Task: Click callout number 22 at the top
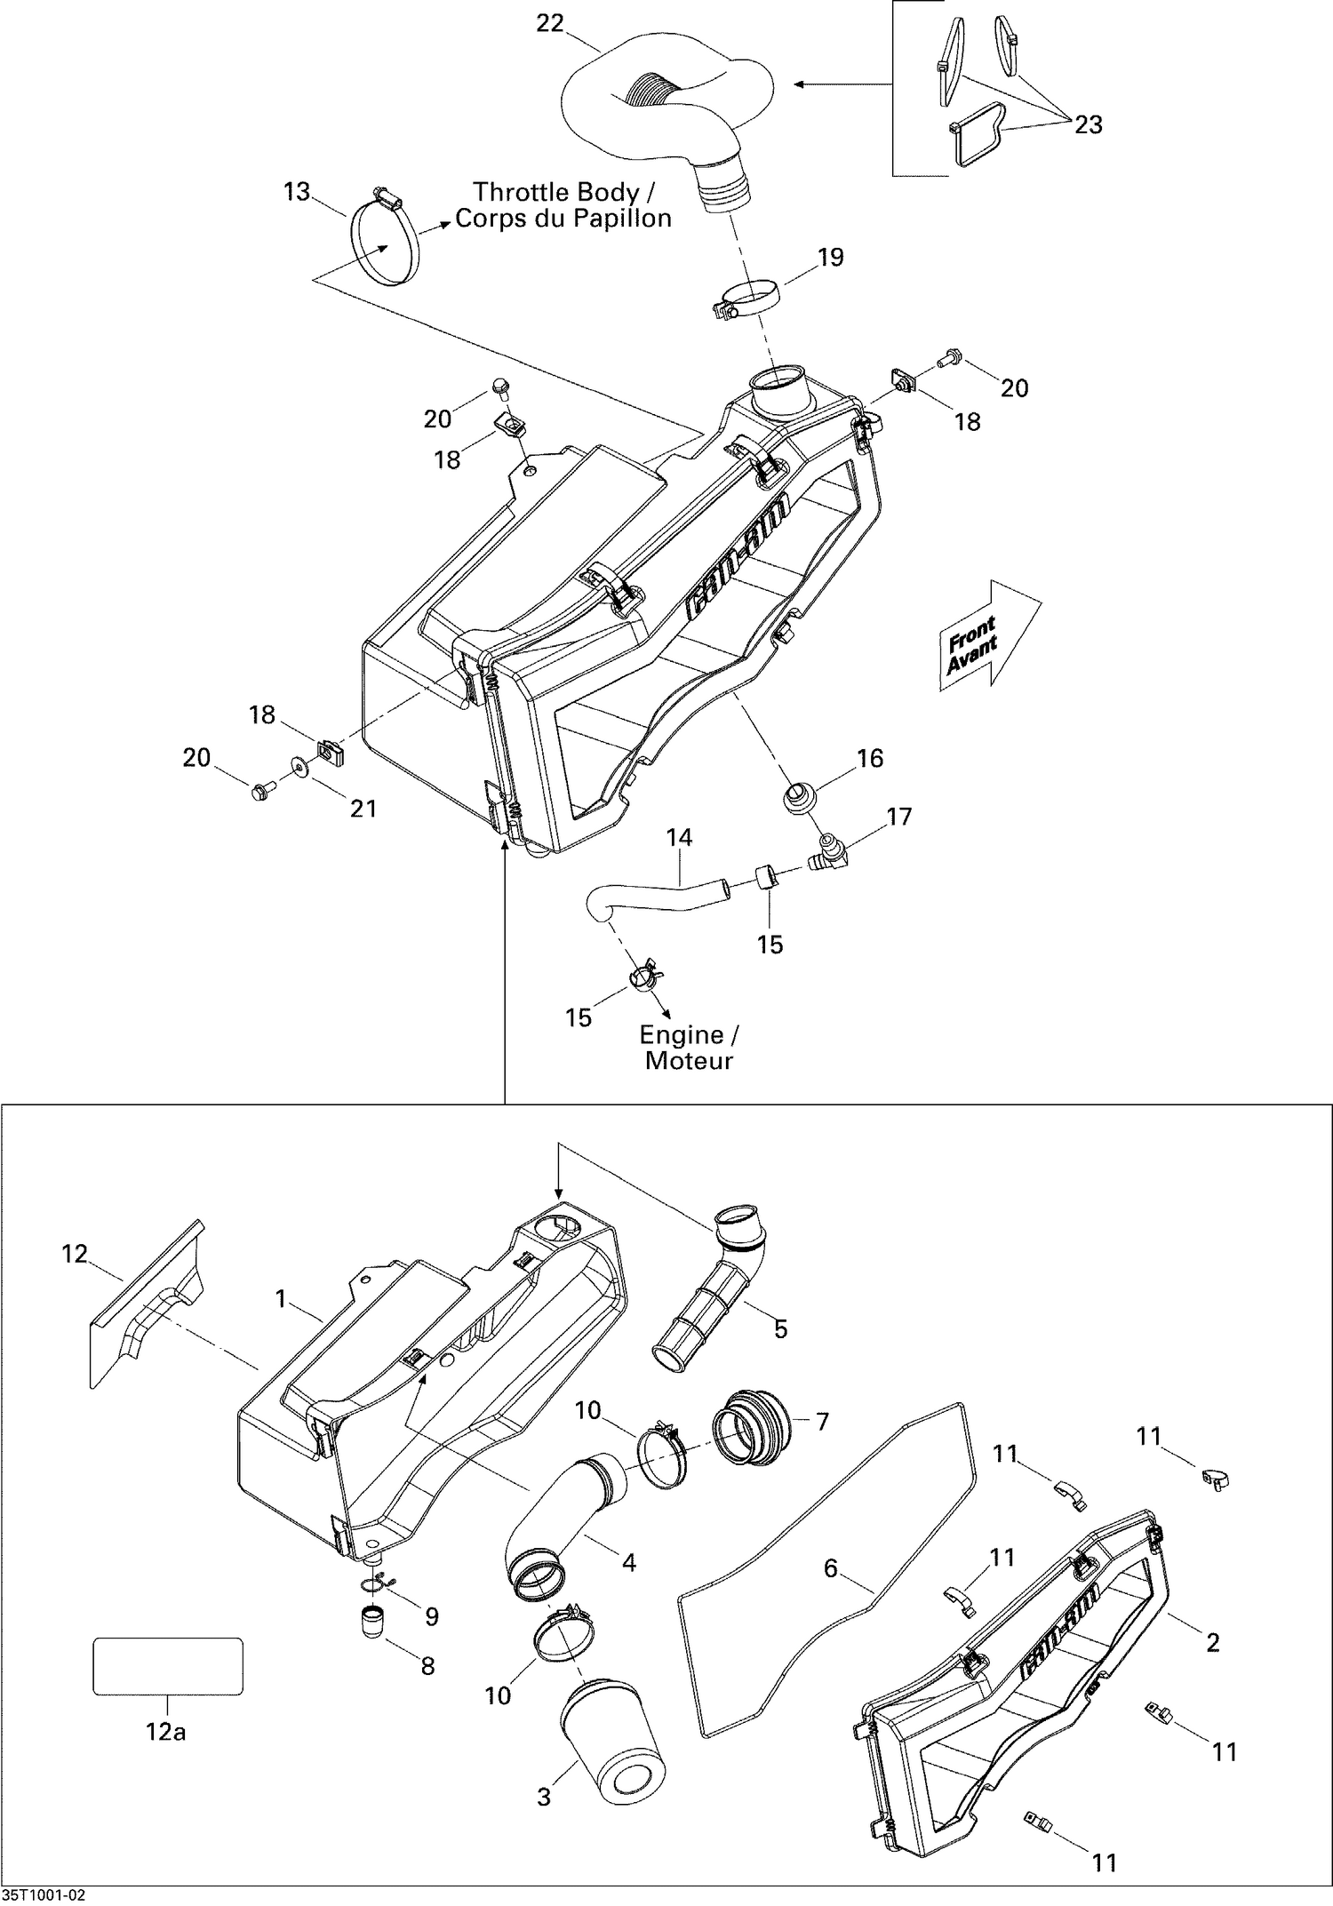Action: [x=550, y=24]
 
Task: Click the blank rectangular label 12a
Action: [x=168, y=1667]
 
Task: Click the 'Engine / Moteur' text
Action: [x=689, y=1048]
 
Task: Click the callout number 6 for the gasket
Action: [x=831, y=1568]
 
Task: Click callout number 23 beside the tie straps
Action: [x=1088, y=124]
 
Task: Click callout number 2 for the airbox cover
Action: [x=1212, y=1643]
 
